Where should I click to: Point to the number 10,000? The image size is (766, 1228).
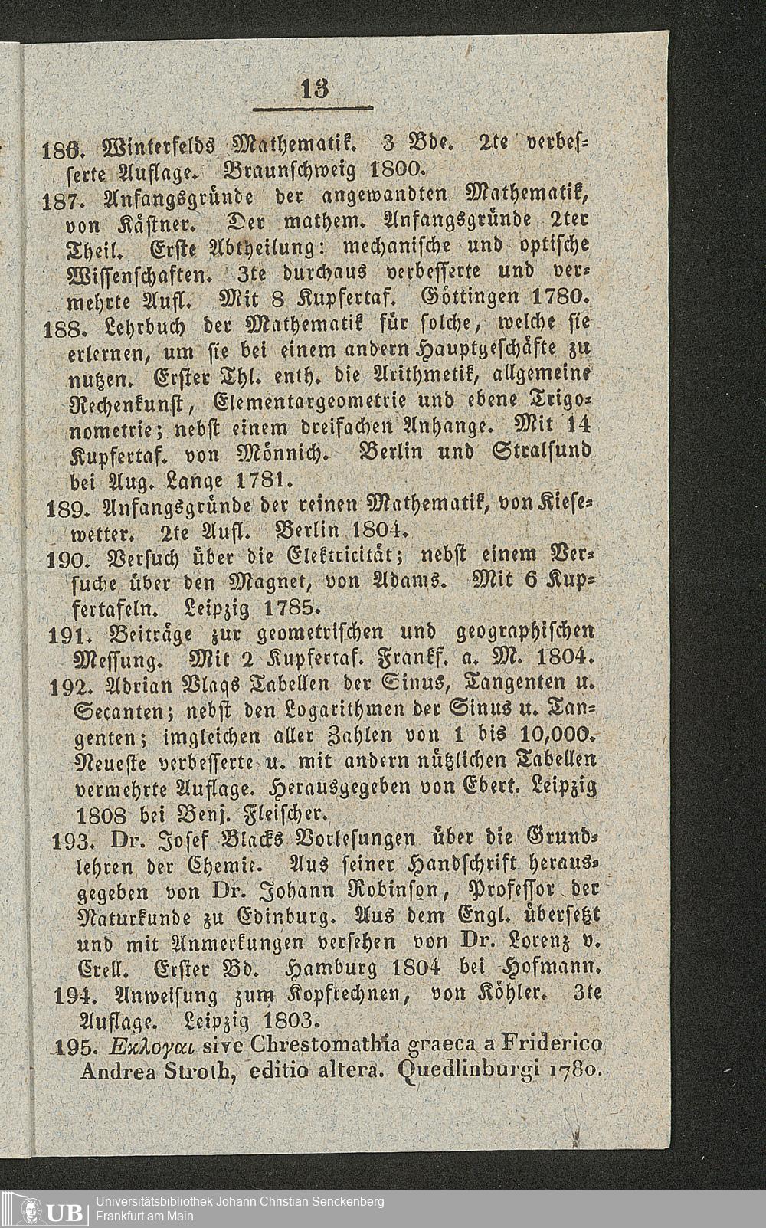pyautogui.click(x=555, y=737)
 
